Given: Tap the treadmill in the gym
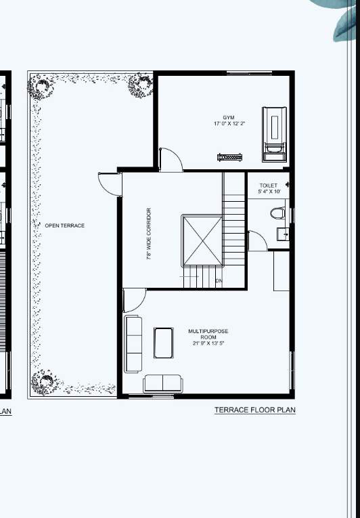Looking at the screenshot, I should (274, 133).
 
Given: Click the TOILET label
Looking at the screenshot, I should (268, 186).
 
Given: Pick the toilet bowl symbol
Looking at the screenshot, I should (277, 214).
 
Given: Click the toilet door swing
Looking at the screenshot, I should (256, 240).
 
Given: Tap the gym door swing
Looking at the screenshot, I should (170, 160).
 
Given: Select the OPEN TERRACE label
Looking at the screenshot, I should (65, 225).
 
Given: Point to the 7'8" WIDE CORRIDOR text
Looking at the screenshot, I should (149, 234).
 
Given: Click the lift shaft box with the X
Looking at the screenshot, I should (202, 241).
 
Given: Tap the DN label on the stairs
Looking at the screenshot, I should (219, 280).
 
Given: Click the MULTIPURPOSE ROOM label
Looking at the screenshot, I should (208, 334).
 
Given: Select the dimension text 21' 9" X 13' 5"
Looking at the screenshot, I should (208, 344).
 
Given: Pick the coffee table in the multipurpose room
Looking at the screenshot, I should (163, 342).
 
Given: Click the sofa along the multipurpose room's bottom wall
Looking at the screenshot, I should (162, 383).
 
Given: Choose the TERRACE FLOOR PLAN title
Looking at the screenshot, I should (254, 410).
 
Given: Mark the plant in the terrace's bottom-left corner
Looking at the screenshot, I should (43, 383).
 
